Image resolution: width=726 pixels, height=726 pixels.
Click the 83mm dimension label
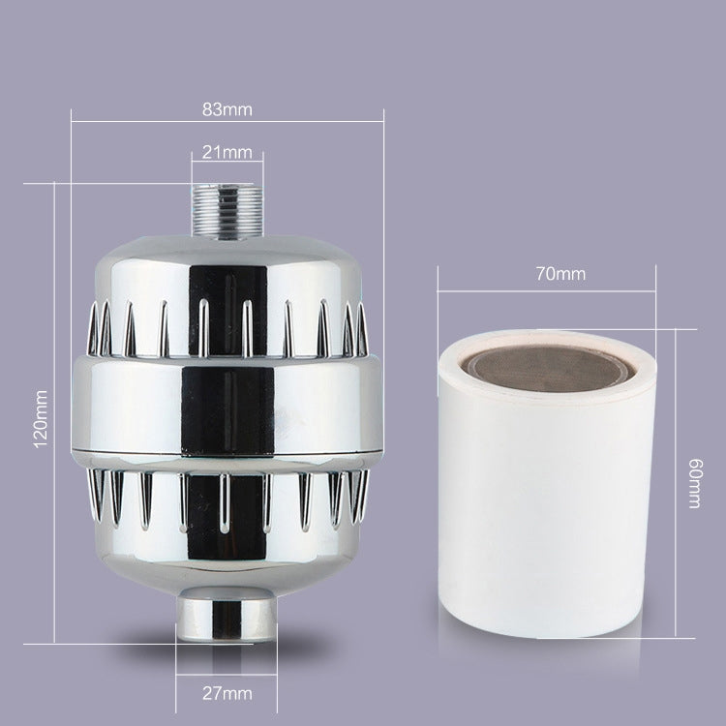(227, 108)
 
